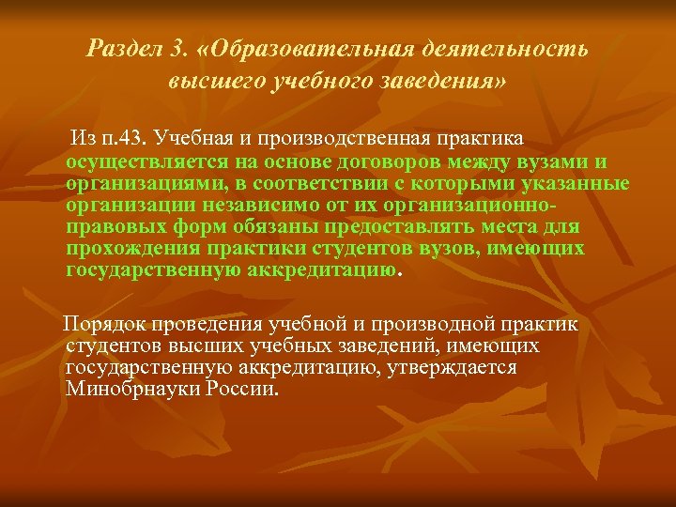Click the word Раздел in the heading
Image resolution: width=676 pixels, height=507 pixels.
[121, 48]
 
